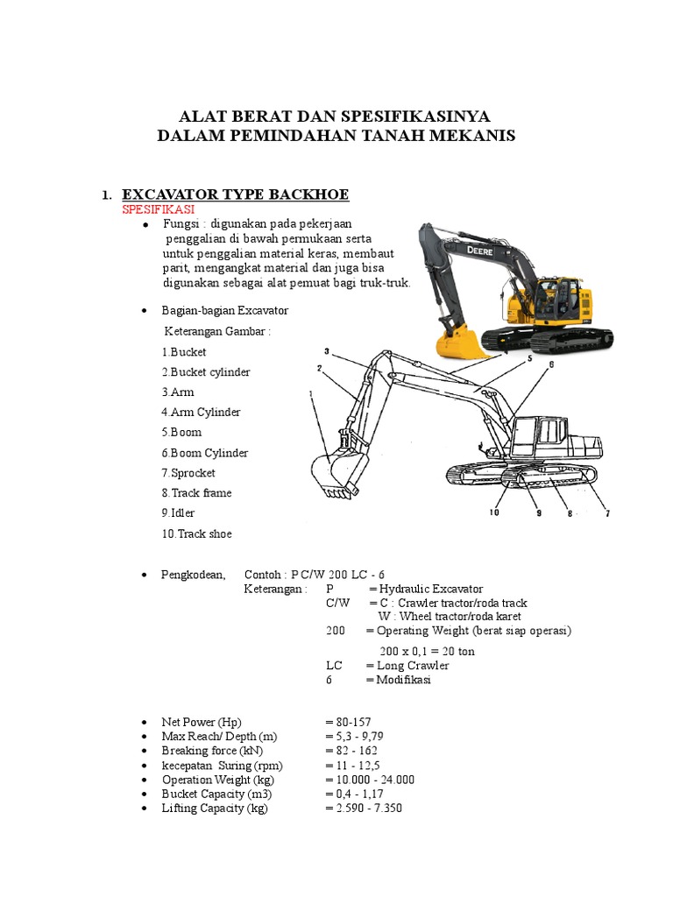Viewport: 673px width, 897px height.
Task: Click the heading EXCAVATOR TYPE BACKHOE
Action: pos(240,194)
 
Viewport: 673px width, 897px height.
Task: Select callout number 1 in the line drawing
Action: pos(310,394)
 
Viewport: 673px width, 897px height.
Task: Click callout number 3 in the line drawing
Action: pos(326,350)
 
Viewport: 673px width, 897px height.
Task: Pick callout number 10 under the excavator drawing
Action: pos(494,513)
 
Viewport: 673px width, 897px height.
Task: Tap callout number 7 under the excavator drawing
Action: pos(606,513)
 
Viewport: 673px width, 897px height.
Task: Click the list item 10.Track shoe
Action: pos(197,533)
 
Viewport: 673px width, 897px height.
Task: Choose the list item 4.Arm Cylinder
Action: pos(201,412)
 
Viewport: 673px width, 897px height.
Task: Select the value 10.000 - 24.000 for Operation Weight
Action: pos(369,780)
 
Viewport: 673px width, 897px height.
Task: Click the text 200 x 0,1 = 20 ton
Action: pos(427,651)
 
